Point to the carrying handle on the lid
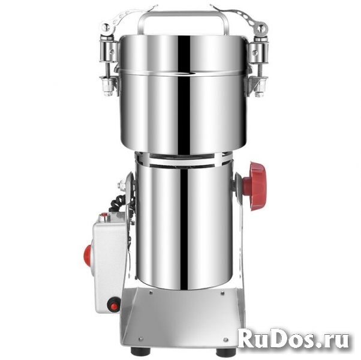[183, 22]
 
